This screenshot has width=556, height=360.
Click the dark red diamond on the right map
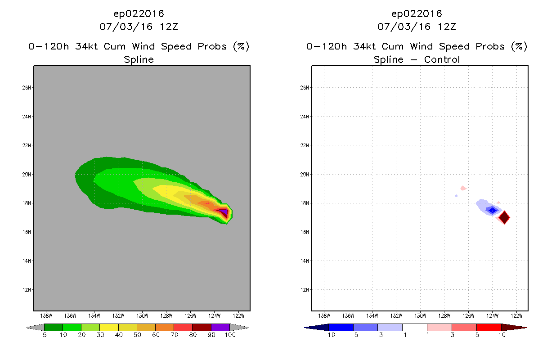[x=504, y=218]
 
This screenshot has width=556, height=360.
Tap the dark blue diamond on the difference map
[x=493, y=211]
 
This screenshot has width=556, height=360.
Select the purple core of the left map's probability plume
[x=223, y=212]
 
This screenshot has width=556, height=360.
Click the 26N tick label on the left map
[x=27, y=88]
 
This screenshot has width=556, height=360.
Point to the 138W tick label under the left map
[x=46, y=316]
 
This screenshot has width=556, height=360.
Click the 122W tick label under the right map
[x=516, y=316]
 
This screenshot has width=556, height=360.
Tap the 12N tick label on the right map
[x=305, y=290]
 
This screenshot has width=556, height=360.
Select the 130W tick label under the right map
[x=420, y=316]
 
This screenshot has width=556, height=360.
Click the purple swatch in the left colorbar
[x=220, y=327]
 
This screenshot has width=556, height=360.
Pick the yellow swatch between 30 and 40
[x=109, y=327]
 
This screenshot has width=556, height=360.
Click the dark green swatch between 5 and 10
[x=54, y=327]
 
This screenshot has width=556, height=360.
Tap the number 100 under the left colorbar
[x=230, y=335]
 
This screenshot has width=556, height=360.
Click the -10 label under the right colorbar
[x=329, y=335]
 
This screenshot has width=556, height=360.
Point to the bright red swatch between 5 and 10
[x=489, y=327]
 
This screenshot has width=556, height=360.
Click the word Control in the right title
[x=442, y=59]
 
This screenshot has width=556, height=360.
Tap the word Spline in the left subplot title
[x=139, y=60]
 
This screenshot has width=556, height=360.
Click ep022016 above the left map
[x=139, y=13]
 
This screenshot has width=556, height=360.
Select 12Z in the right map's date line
[x=447, y=27]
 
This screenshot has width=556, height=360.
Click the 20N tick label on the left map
[x=27, y=175]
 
